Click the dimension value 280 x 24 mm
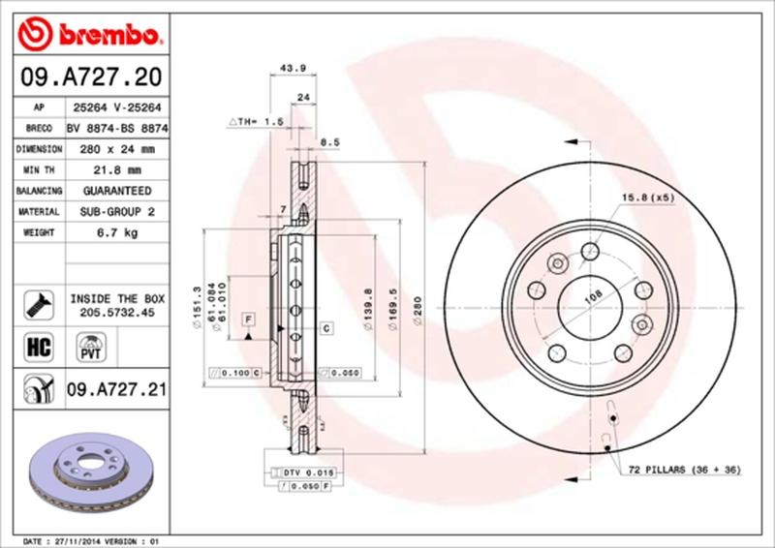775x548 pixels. pyautogui.click(x=114, y=149)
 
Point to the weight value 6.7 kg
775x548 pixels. pyautogui.click(x=114, y=233)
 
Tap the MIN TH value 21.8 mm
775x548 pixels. pyautogui.click(x=114, y=170)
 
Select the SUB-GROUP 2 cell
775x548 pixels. pyautogui.click(x=114, y=212)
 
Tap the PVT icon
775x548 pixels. pyautogui.click(x=88, y=347)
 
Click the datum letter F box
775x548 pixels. pyautogui.click(x=249, y=319)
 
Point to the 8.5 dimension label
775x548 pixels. pyautogui.click(x=329, y=142)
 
